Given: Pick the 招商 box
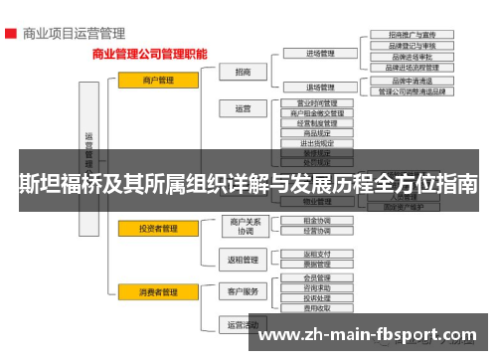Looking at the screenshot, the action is pyautogui.click(x=243, y=72).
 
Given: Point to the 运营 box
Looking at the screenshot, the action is pyautogui.click(x=243, y=108).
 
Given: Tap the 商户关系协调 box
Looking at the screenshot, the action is pyautogui.click(x=243, y=226).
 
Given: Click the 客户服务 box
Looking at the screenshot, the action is pyautogui.click(x=243, y=291).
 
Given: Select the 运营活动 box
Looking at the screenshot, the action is pyautogui.click(x=243, y=324).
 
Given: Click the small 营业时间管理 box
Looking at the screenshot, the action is pyautogui.click(x=317, y=102).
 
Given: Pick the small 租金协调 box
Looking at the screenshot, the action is pyautogui.click(x=317, y=221).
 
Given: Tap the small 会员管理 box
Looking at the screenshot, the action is pyautogui.click(x=317, y=278).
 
